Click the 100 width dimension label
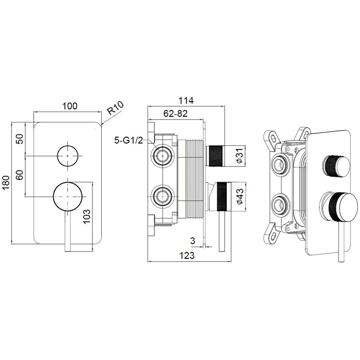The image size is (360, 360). point(70,106)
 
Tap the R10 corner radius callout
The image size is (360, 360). point(116,108)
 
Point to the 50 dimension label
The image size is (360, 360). point(20,139)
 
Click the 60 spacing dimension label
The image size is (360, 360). point(20,175)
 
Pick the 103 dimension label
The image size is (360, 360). point(86,216)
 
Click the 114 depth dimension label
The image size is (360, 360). point(186,100)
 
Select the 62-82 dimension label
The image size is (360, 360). point(175,113)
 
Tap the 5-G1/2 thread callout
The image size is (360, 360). point(129,140)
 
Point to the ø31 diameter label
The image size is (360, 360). point(239,156)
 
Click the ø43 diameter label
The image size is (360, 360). point(239,197)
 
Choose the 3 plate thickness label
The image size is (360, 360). point(193,241)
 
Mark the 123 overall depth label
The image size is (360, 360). point(187,255)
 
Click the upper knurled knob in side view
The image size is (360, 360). point(215,156)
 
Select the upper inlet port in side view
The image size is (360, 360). point(163,156)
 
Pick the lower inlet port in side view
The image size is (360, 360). point(163,197)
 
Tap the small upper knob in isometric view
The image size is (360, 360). point(337,166)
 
